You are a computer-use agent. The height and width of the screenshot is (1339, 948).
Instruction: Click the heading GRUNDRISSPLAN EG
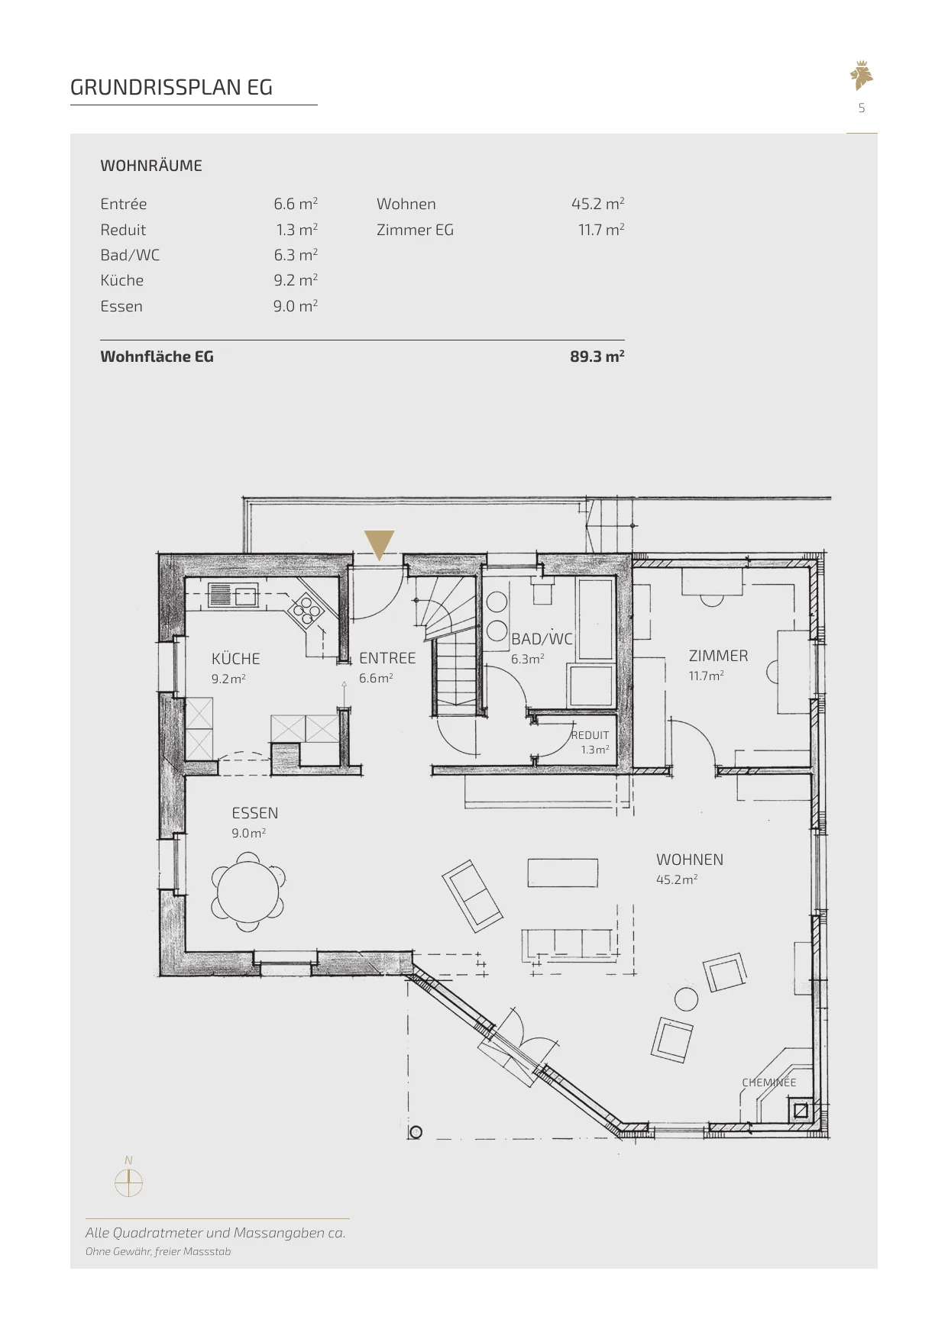[171, 88]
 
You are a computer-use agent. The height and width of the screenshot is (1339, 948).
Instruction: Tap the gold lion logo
[862, 76]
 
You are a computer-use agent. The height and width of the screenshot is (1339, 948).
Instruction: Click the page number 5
[862, 108]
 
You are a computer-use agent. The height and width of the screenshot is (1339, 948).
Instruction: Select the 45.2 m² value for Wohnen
[598, 204]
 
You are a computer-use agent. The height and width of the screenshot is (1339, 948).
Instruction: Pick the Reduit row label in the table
[123, 230]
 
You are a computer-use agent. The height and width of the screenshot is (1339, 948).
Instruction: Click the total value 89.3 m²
[597, 357]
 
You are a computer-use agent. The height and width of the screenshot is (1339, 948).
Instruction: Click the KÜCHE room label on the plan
[236, 659]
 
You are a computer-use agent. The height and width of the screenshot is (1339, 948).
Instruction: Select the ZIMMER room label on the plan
[718, 656]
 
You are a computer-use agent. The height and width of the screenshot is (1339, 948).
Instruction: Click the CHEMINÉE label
[769, 1082]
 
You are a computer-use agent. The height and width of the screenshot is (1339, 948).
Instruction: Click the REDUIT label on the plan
[590, 735]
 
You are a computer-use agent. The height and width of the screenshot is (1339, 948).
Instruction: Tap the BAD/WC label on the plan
[542, 639]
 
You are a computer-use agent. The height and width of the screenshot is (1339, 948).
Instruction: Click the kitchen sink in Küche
[233, 595]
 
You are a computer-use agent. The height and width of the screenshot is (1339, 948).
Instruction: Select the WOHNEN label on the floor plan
[690, 860]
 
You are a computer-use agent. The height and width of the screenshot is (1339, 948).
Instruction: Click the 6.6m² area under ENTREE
[376, 678]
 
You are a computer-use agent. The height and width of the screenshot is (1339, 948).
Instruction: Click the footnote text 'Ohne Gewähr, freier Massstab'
[158, 1251]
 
